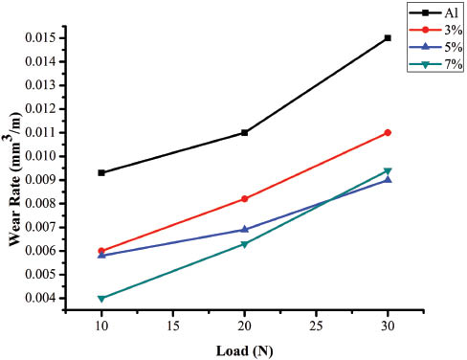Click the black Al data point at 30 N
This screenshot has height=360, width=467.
(x=388, y=38)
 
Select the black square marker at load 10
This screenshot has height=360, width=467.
(x=101, y=173)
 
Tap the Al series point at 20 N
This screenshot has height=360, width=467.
(x=245, y=133)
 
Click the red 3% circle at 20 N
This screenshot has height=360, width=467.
(x=245, y=199)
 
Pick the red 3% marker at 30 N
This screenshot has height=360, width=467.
(x=388, y=133)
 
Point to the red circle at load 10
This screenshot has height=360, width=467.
(x=101, y=251)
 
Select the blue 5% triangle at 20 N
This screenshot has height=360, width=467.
(x=245, y=230)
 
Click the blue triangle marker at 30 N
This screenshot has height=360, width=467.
(x=388, y=179)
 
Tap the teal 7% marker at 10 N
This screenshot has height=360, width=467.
(x=101, y=299)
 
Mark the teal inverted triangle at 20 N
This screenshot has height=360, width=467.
(x=245, y=244)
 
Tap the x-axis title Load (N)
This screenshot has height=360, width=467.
(x=245, y=349)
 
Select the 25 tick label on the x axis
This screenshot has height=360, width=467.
(x=316, y=326)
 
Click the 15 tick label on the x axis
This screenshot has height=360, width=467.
(x=173, y=326)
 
